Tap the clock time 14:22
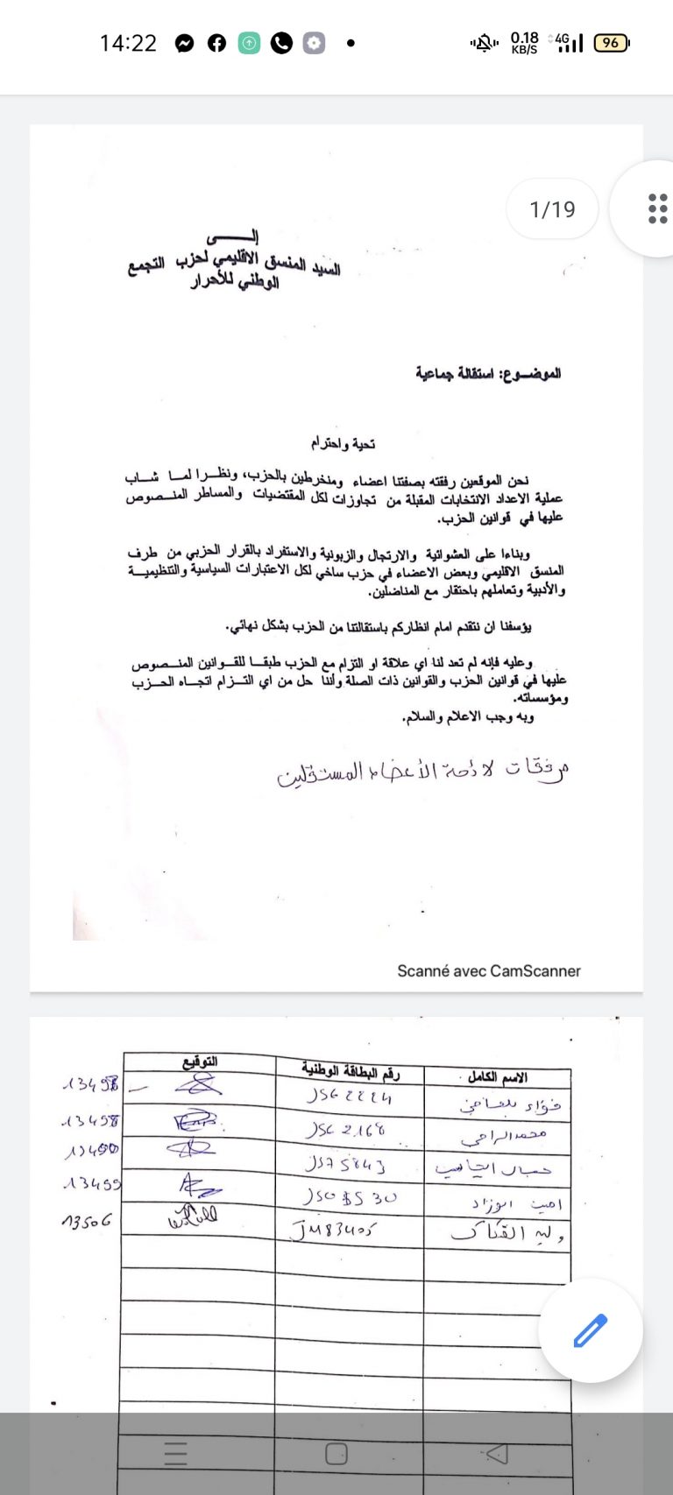tap(128, 43)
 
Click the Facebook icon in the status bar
tap(216, 43)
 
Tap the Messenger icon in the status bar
tap(184, 43)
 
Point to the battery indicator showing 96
tap(611, 42)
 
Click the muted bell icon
tap(483, 42)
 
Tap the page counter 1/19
tap(552, 209)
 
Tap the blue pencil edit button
tap(590, 1330)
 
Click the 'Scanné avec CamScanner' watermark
tap(488, 970)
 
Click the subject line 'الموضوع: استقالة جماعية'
tap(488, 374)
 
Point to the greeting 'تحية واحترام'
tap(343, 444)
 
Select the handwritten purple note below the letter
tap(422, 771)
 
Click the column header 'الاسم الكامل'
tap(497, 1076)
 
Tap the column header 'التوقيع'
tap(200, 1062)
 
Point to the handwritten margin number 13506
tap(86, 1220)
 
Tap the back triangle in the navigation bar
tap(496, 1455)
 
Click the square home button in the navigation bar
tap(336, 1455)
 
